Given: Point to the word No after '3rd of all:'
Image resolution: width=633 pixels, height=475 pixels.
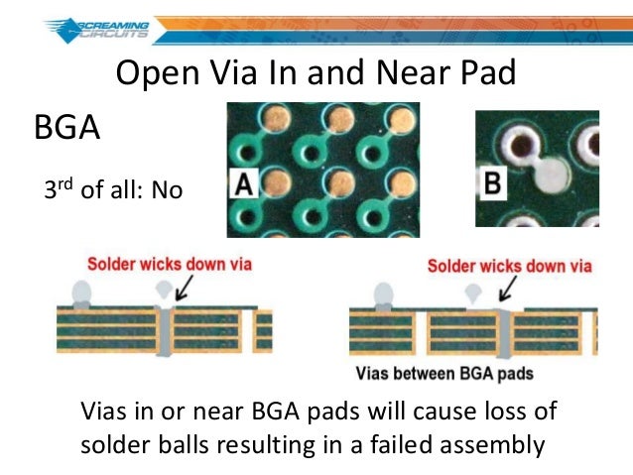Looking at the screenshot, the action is pyautogui.click(x=168, y=188).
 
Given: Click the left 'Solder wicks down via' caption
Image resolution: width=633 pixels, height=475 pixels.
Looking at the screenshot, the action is pyautogui.click(x=170, y=264).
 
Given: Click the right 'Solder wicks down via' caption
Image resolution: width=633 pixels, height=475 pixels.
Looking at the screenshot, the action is pyautogui.click(x=509, y=265).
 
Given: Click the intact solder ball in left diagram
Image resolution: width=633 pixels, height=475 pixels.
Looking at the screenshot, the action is pyautogui.click(x=81, y=295).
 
